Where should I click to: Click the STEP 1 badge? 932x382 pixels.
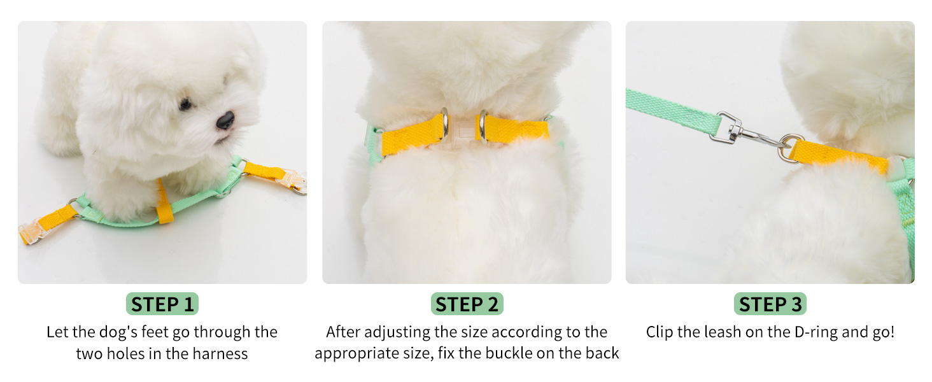pos(162,304)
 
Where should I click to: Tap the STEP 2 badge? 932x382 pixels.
pos(467,304)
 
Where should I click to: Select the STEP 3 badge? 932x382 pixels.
pos(770,304)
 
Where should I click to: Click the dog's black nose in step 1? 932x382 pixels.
pos(225,120)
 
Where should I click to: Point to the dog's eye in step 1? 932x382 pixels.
pos(185,104)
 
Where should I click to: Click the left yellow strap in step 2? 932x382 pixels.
pos(411,133)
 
